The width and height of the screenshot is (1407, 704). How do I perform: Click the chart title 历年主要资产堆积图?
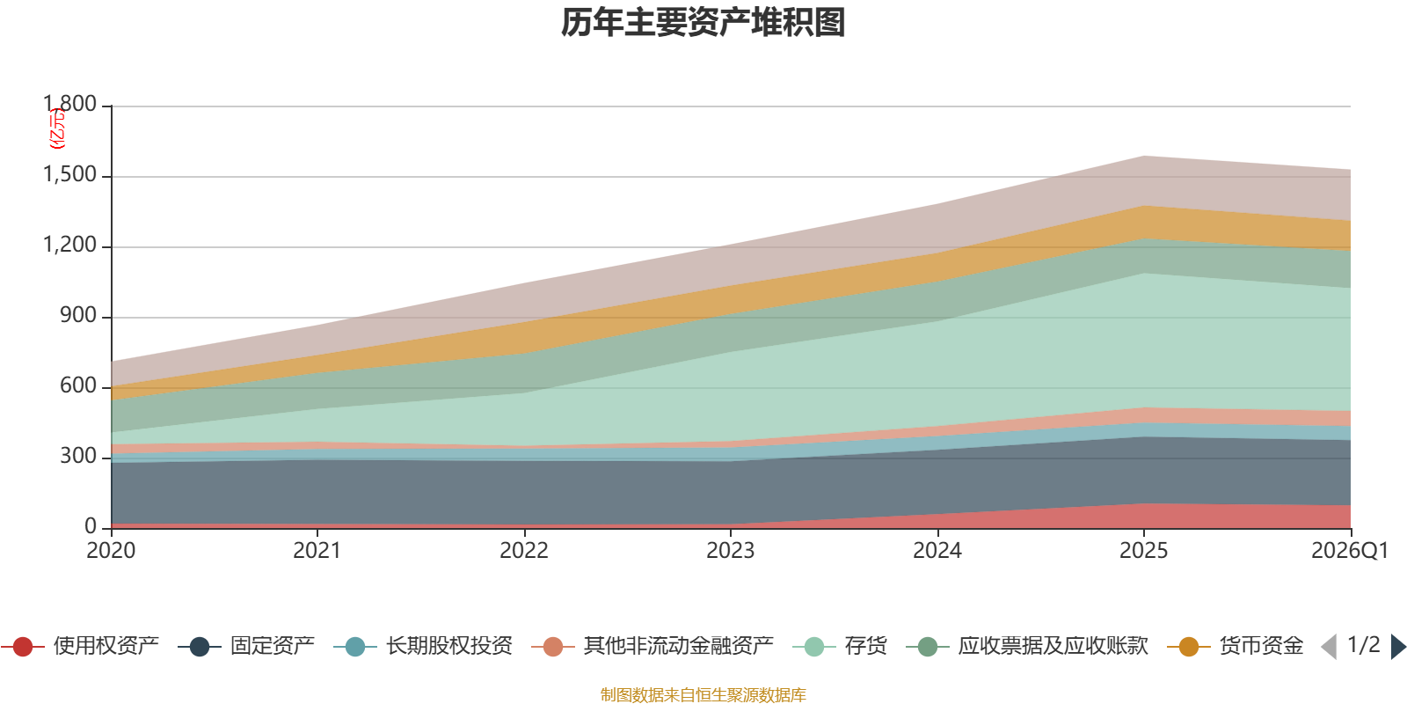pyautogui.click(x=703, y=23)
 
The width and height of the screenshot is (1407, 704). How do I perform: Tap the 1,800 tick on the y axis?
pyautogui.click(x=70, y=105)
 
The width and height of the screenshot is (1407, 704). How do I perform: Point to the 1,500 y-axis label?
pyautogui.click(x=70, y=175)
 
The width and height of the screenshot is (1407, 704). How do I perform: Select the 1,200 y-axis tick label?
pyautogui.click(x=70, y=246)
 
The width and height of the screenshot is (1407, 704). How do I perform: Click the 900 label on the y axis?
pyautogui.click(x=78, y=316)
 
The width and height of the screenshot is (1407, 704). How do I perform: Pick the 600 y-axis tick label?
pyautogui.click(x=78, y=386)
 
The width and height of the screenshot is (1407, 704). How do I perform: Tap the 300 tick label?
pyautogui.click(x=78, y=457)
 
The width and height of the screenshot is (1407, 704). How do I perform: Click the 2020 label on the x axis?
pyautogui.click(x=111, y=551)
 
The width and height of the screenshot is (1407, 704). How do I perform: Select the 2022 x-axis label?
pyautogui.click(x=524, y=551)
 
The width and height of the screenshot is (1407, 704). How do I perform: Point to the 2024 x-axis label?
pyautogui.click(x=937, y=551)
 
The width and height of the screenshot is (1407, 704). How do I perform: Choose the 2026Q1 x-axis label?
pyautogui.click(x=1349, y=551)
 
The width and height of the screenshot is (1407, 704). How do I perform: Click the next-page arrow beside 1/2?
pyautogui.click(x=1398, y=647)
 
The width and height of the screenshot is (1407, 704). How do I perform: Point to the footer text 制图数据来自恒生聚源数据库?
pyautogui.click(x=703, y=695)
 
